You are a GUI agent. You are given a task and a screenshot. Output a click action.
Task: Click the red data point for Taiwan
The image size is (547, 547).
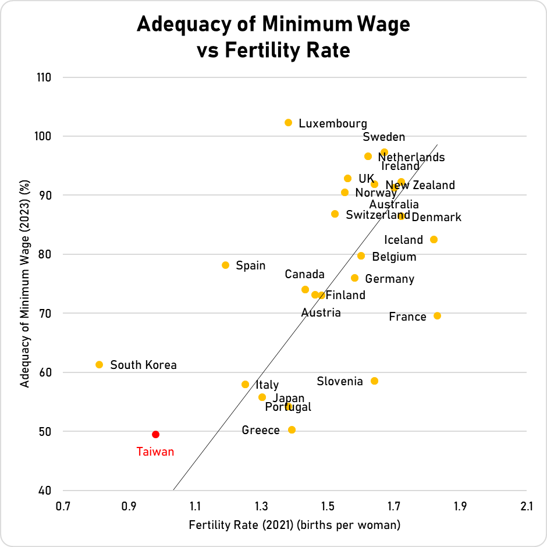tap(155, 434)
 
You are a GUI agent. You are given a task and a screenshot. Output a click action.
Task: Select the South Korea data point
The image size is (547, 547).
tap(99, 364)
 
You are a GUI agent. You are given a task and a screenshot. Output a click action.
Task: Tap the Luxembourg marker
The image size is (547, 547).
tap(288, 122)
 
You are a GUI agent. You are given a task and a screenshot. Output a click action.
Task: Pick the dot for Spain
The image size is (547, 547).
tap(225, 265)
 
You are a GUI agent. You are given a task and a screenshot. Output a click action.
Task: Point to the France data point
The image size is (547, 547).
tap(437, 315)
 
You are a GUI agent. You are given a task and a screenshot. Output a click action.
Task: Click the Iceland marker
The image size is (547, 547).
tap(434, 239)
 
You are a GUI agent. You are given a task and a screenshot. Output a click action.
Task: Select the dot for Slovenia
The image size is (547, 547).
tap(374, 381)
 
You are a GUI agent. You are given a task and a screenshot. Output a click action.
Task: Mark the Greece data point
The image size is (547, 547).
tap(292, 429)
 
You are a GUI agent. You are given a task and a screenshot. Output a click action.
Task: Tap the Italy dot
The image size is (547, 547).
tap(245, 384)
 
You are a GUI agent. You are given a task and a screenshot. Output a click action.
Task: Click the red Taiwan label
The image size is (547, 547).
tap(155, 452)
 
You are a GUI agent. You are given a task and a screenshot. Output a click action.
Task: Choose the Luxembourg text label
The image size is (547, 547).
tap(333, 123)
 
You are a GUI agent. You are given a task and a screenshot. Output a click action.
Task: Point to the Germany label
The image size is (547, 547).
tap(389, 279)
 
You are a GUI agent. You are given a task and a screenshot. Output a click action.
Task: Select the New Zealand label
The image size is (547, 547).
tap(420, 186)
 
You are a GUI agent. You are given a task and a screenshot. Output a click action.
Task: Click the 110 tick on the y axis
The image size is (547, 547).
tap(44, 77)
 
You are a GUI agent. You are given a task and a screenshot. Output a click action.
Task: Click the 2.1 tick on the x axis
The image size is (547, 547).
tap(527, 506)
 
